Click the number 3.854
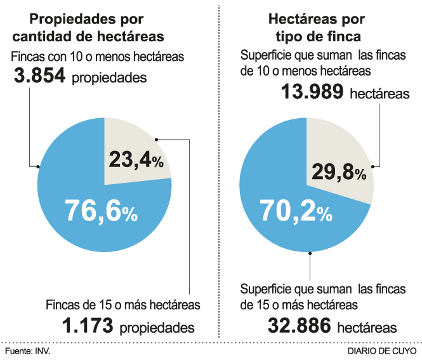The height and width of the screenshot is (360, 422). click(x=39, y=77)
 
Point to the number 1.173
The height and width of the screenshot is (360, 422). click(x=87, y=326)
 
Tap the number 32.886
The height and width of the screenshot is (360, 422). click(x=299, y=326)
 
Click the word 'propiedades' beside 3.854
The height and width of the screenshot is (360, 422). click(x=110, y=78)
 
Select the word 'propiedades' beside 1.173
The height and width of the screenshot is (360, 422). click(x=157, y=328)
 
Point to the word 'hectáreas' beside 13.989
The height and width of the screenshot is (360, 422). click(x=379, y=95)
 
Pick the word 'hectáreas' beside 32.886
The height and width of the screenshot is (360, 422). click(x=367, y=328)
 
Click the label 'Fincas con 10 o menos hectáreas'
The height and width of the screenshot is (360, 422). click(x=98, y=57)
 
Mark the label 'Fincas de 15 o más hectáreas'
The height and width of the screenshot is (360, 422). click(x=123, y=305)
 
